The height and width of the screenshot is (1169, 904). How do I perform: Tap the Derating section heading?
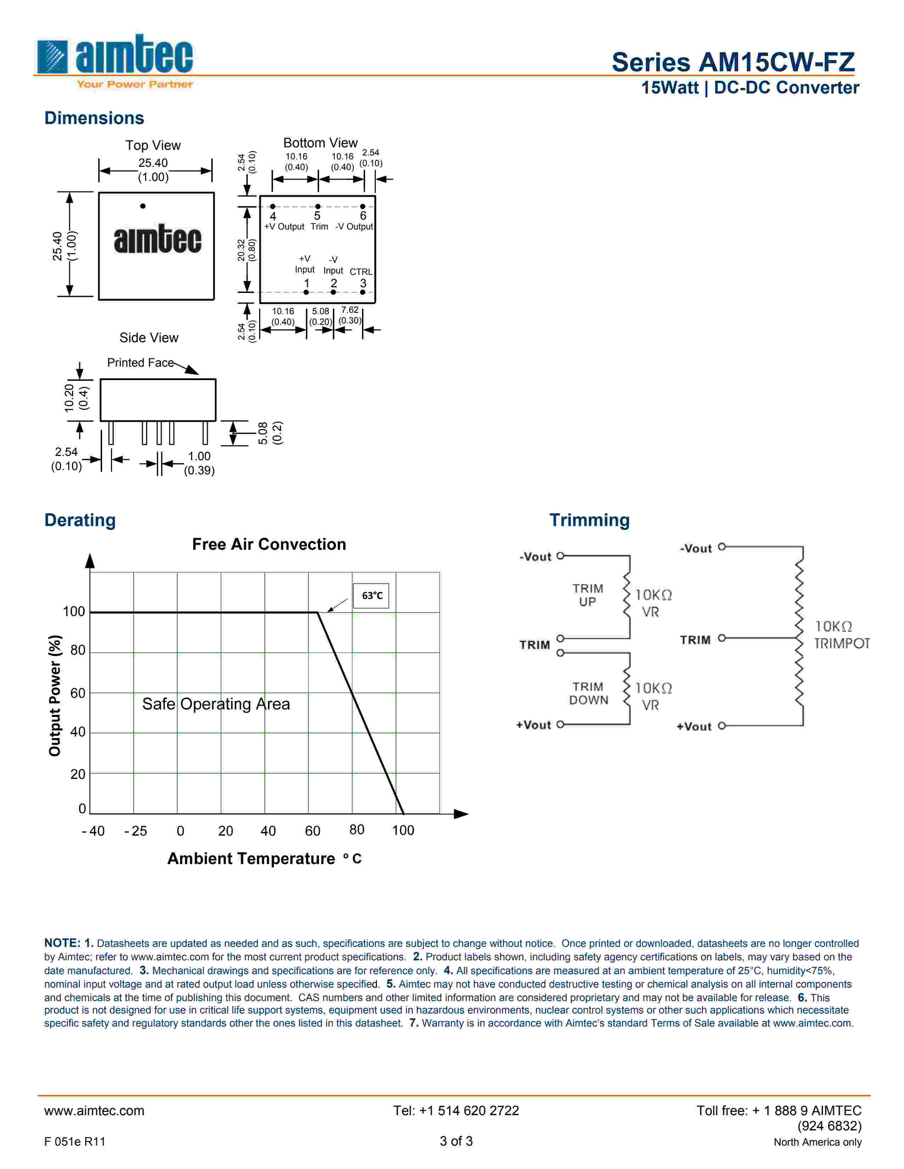[80, 520]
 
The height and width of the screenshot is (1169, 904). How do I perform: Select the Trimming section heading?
[589, 520]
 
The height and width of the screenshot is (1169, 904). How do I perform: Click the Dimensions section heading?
[94, 118]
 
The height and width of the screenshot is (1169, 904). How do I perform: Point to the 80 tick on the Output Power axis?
[78, 650]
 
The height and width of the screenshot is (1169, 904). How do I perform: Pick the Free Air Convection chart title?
[269, 544]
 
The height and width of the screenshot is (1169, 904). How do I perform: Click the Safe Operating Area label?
[216, 704]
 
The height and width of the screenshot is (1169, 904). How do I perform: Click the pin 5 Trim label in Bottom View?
[319, 226]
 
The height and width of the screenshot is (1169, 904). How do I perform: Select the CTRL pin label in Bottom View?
[361, 272]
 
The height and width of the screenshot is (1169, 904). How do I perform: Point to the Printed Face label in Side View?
[140, 363]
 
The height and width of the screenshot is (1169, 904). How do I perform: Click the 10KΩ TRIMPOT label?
[841, 635]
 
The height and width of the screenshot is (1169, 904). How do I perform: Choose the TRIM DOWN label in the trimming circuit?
[588, 693]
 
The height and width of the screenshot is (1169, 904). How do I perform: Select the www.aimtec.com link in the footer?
[94, 1111]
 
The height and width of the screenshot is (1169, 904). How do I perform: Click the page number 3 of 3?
[456, 1141]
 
